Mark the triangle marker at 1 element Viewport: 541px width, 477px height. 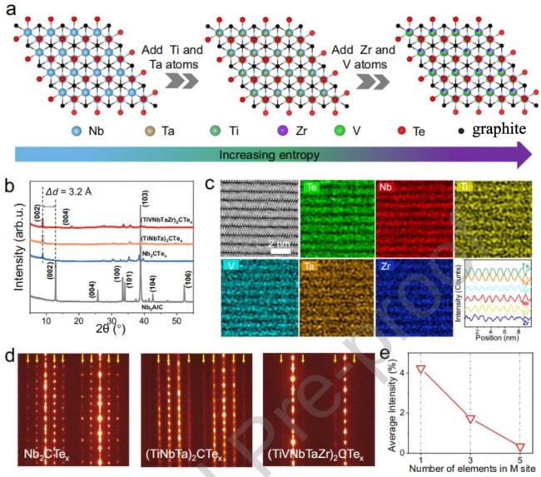[421, 368]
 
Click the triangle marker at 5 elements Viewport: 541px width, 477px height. [521, 447]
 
